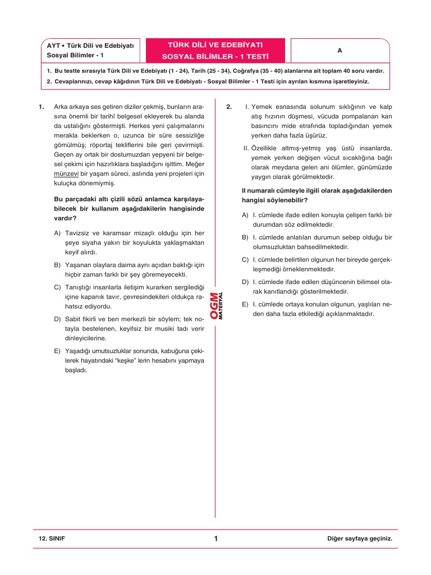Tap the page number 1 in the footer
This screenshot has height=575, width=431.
(215, 539)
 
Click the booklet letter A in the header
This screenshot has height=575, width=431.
(340, 51)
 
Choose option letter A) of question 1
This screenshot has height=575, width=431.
(58, 232)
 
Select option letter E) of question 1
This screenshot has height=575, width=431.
(58, 351)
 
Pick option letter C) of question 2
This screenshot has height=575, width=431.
(245, 259)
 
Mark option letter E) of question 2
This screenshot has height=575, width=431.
(245, 304)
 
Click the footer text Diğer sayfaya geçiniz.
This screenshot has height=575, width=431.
(359, 539)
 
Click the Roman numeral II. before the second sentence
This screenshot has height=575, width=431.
(246, 148)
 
